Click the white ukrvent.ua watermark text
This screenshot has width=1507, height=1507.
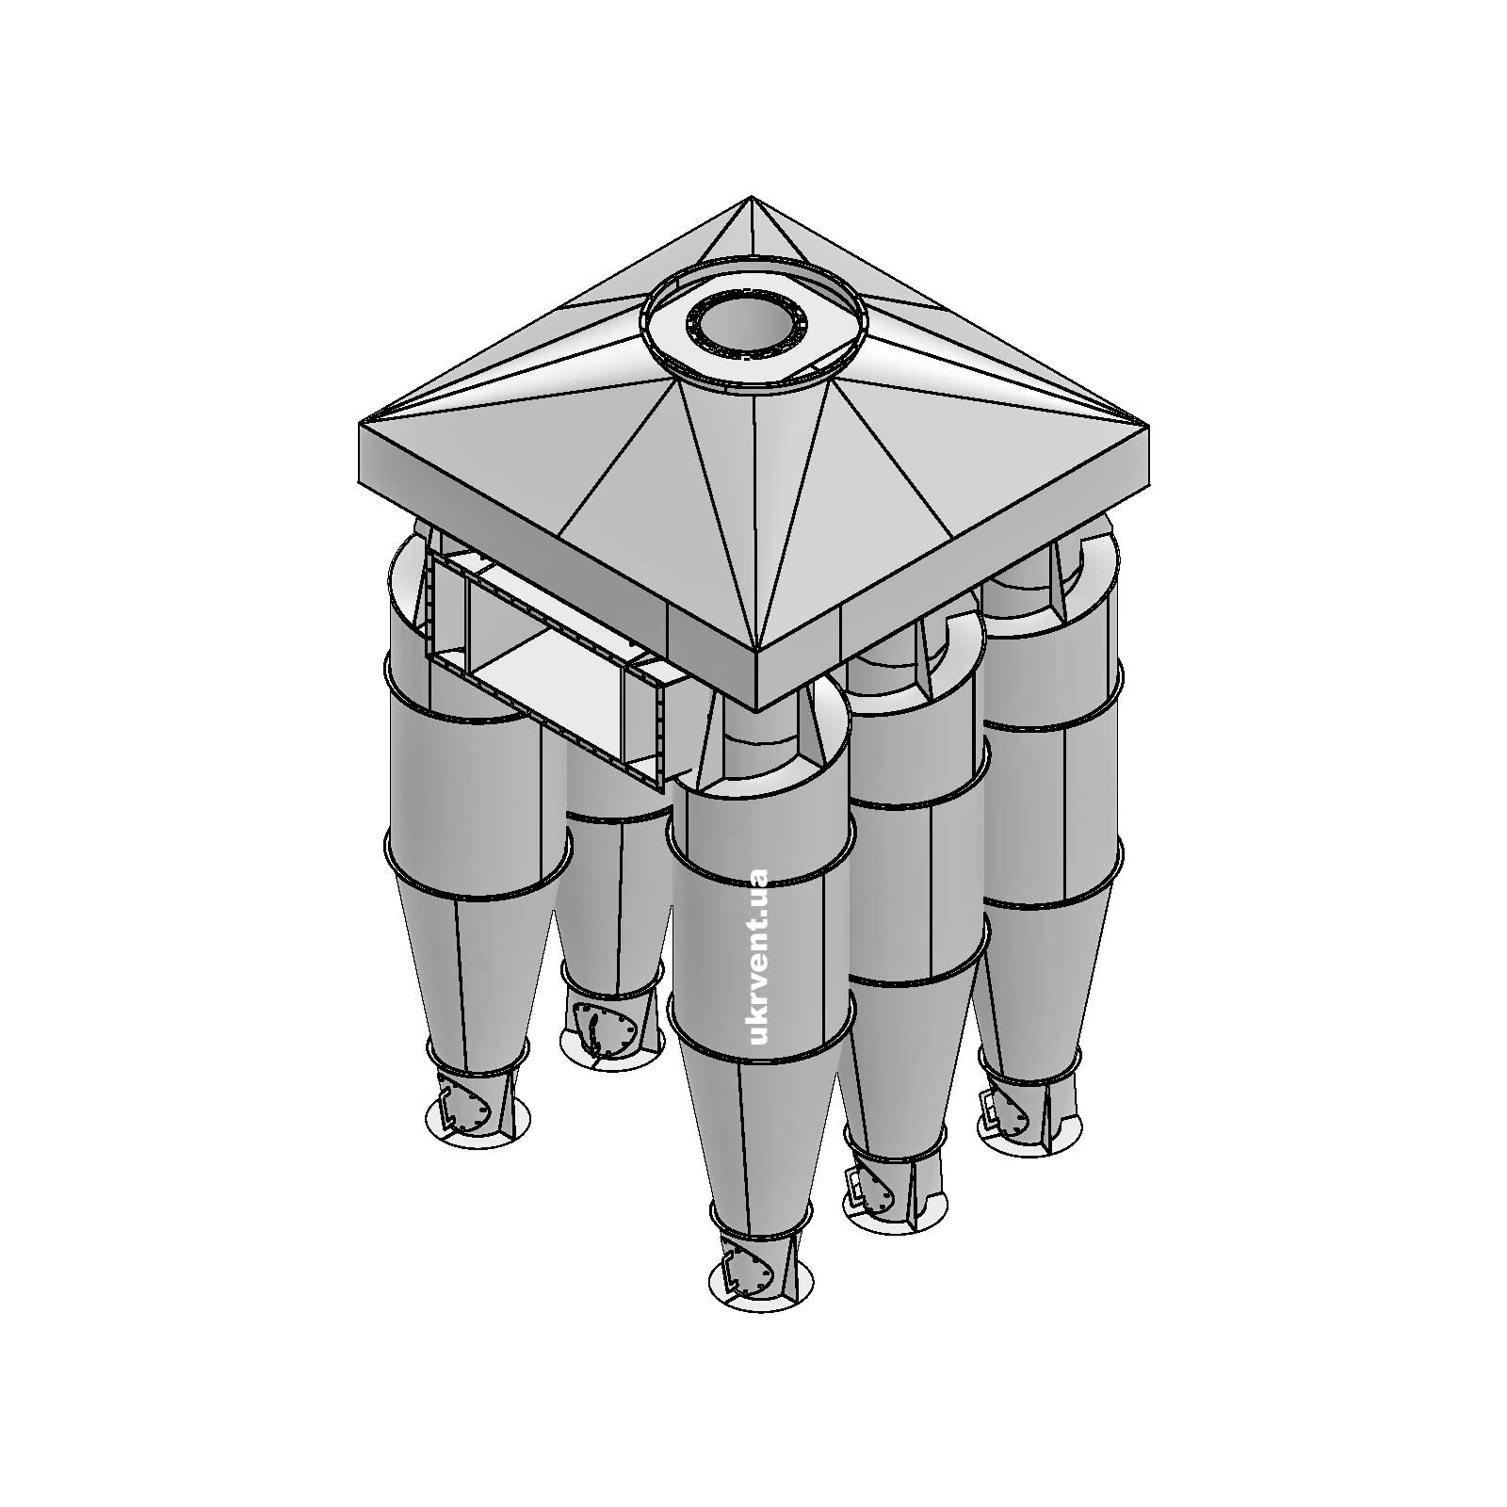click(x=756, y=956)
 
